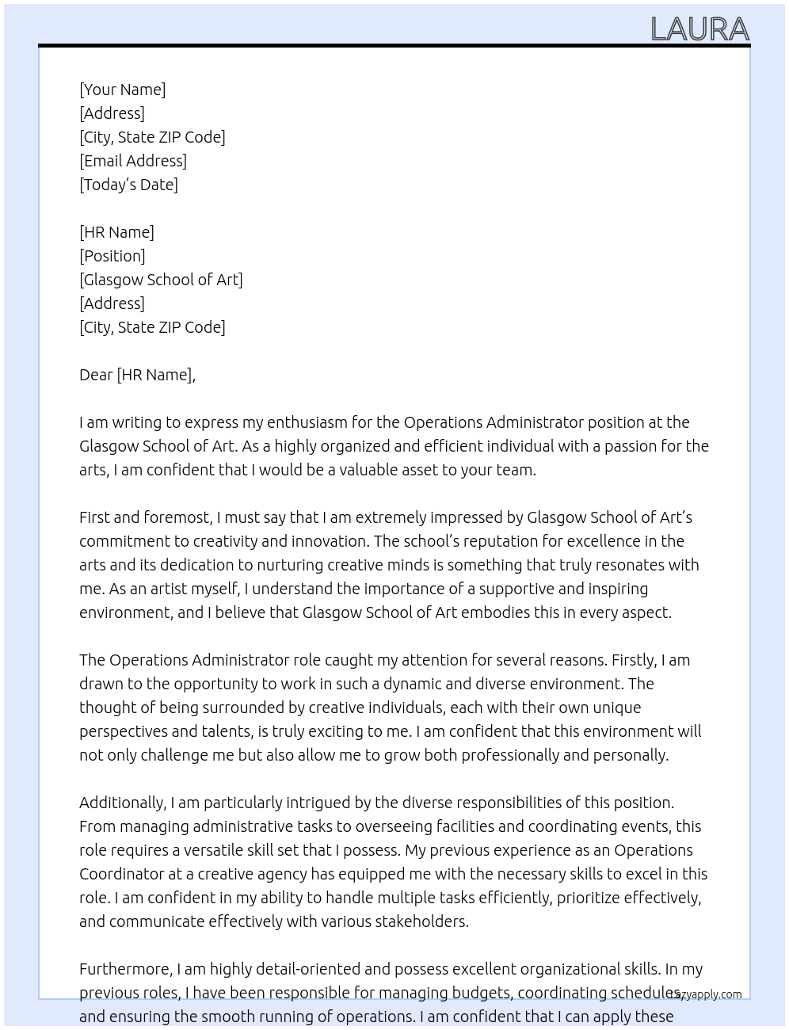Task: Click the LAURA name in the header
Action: coord(699,29)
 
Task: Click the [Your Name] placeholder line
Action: coord(122,90)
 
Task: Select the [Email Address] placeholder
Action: coord(133,161)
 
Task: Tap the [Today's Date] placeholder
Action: coord(128,185)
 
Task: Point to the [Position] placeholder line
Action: coord(112,256)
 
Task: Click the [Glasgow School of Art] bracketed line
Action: coord(161,280)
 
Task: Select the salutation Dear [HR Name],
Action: coord(137,375)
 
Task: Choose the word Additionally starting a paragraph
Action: coord(122,803)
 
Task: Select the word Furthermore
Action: coord(125,969)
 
